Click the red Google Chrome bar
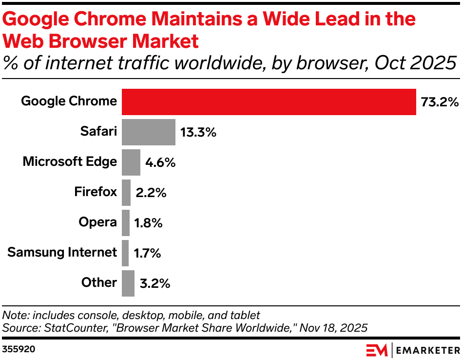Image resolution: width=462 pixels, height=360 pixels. tap(269, 102)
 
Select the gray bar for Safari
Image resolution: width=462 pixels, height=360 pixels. tap(148, 132)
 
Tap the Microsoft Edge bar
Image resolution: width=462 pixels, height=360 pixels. tap(131, 162)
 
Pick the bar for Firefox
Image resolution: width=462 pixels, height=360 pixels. tap(126, 193)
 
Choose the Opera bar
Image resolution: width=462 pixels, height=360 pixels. tap(126, 223)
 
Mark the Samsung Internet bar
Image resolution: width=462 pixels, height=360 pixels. tap(125, 253)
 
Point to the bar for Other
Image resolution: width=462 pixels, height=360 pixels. tap(128, 283)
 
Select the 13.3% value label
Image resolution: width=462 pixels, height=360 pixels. tap(198, 133)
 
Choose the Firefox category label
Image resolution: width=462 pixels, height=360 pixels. tap(96, 192)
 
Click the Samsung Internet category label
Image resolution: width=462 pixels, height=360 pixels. tap(62, 252)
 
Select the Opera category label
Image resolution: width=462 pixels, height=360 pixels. tap(98, 222)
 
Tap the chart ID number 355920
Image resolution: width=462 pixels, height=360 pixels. tap(19, 349)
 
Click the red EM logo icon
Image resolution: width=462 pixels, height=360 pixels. tap(377, 350)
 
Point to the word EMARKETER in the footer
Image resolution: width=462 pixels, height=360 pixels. tap(427, 350)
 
